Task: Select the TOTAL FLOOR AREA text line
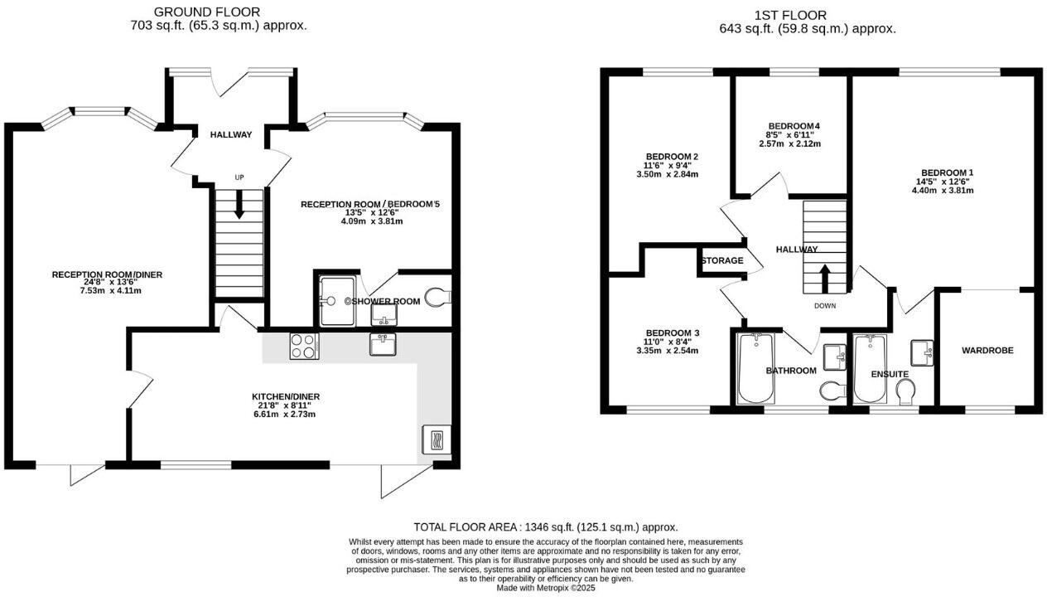point(546,527)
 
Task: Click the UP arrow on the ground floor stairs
point(239,204)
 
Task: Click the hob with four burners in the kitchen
point(304,346)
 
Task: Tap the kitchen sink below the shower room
point(384,344)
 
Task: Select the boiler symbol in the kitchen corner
point(435,439)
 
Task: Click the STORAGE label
point(722,261)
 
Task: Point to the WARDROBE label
point(987,351)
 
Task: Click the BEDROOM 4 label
point(794,126)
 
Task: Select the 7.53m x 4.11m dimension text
point(99,291)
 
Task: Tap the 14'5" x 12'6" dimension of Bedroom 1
point(943,182)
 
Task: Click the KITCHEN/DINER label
point(286,396)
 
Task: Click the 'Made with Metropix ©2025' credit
point(546,588)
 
